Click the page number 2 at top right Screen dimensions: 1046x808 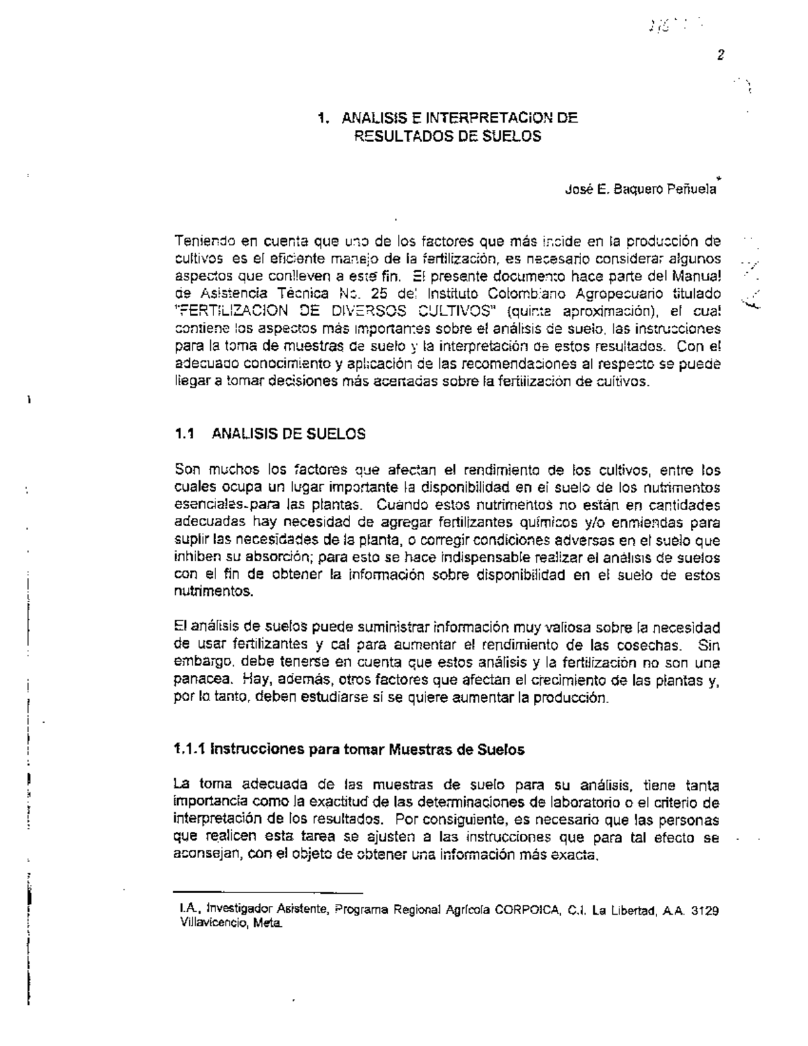[720, 56]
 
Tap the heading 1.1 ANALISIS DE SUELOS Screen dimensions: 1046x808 [269, 434]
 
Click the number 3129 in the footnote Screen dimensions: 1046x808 [706, 911]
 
